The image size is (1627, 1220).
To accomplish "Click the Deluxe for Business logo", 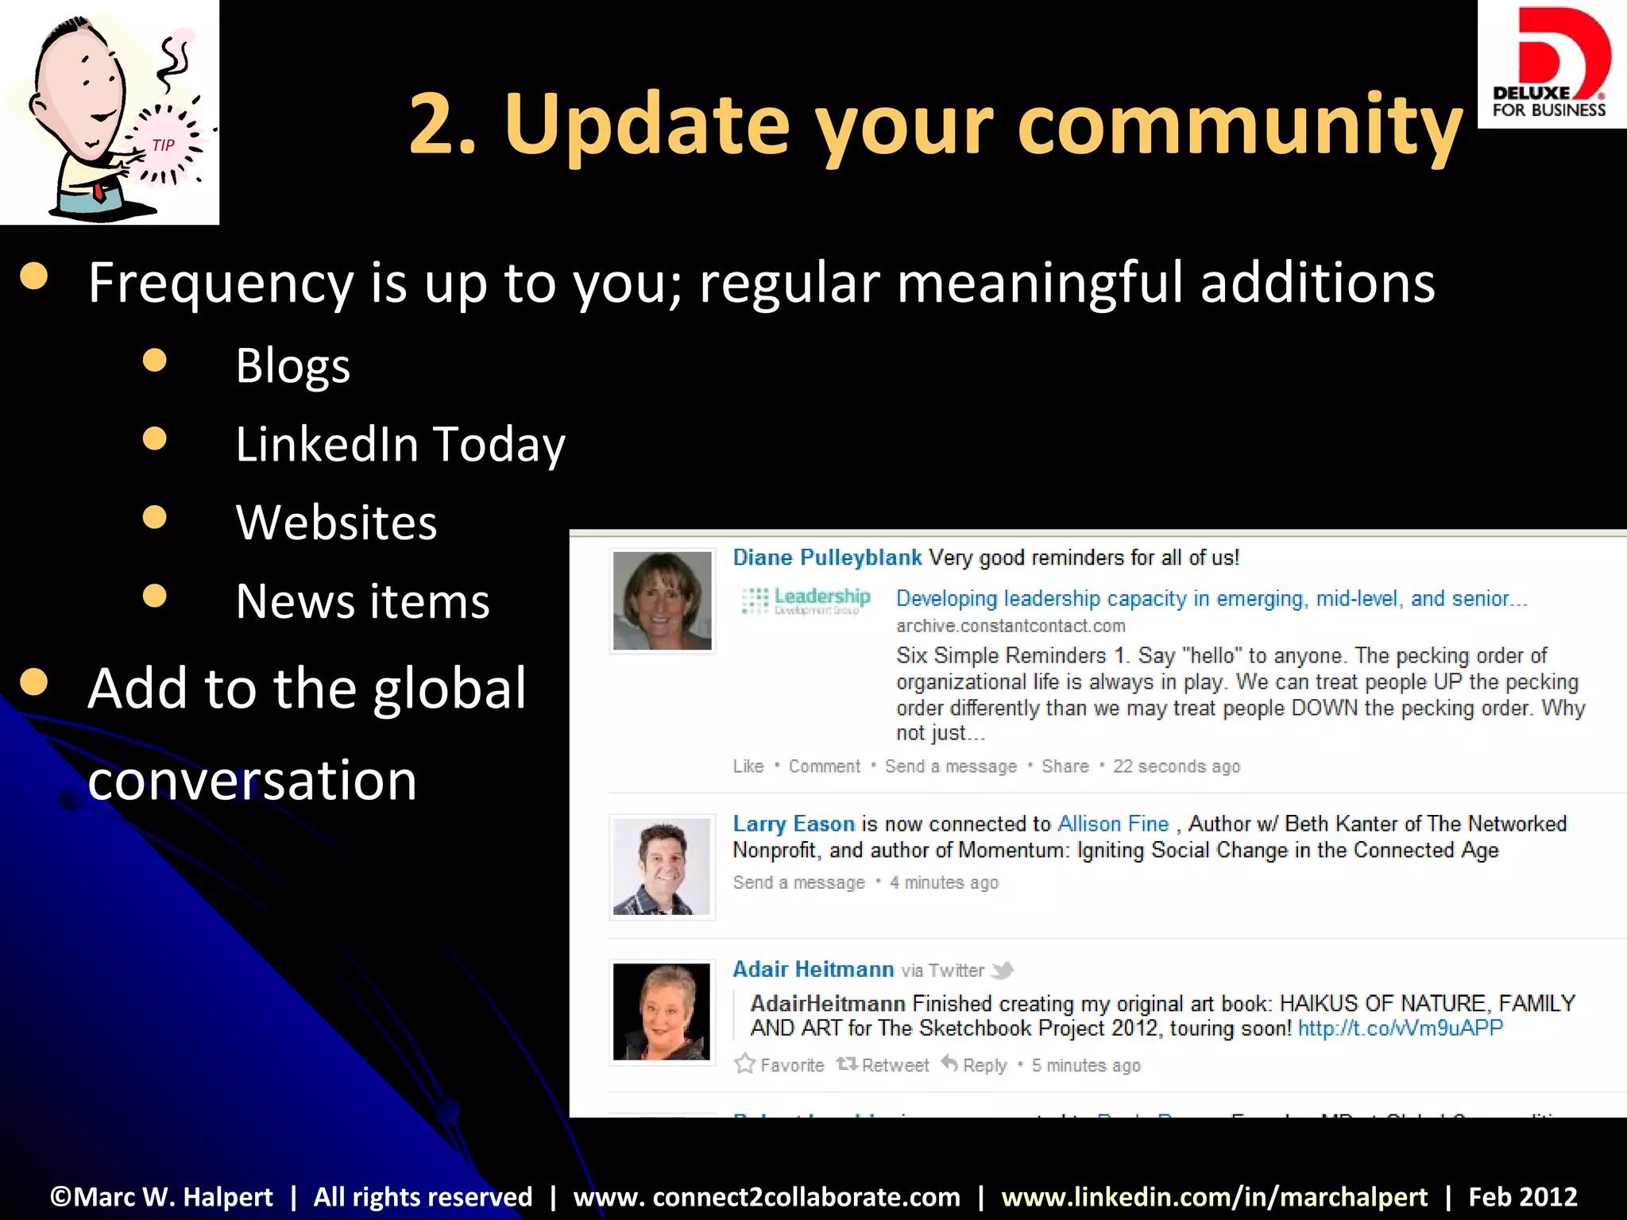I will [x=1550, y=64].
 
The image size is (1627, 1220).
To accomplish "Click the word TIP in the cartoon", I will [x=163, y=145].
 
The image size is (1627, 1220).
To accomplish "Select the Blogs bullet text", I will [x=292, y=366].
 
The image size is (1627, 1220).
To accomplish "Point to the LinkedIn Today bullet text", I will [x=400, y=444].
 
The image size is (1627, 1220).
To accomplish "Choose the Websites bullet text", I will [x=336, y=523].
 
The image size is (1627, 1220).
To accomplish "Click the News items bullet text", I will [x=362, y=601].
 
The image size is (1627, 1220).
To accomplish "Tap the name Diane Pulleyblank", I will [x=826, y=558].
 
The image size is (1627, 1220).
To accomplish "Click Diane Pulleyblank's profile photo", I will [x=662, y=600].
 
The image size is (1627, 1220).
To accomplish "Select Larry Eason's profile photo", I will [x=662, y=867].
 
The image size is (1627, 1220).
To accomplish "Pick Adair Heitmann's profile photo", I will [x=662, y=1011].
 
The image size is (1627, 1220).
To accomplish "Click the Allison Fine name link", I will [x=1113, y=824].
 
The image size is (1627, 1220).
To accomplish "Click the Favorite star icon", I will [x=744, y=1064].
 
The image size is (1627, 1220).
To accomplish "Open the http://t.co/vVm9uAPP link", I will [x=1400, y=1029].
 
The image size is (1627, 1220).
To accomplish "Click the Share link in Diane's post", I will [x=1065, y=766].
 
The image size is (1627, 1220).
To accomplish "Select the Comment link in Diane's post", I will [x=824, y=766].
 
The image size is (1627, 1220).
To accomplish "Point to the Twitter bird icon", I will [x=1003, y=970].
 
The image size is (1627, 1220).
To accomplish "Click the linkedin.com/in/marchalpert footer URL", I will [x=1214, y=1197].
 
